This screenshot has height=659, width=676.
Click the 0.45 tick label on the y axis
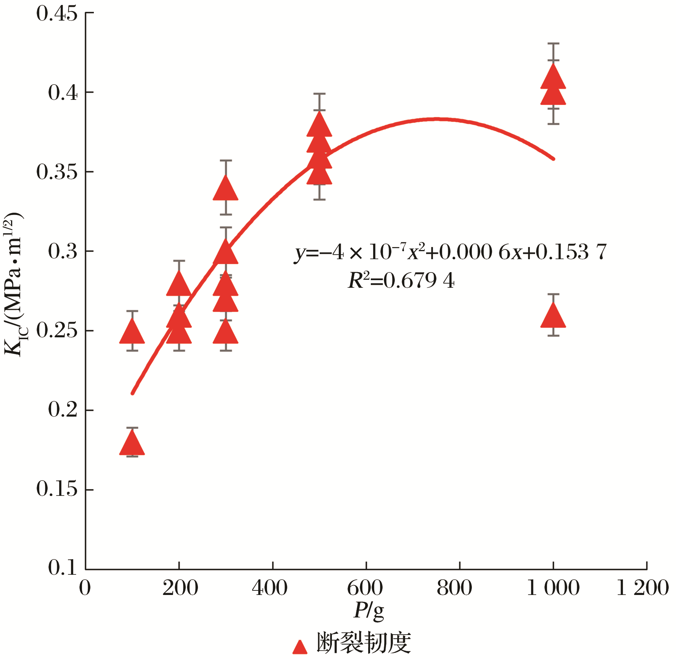[57, 14]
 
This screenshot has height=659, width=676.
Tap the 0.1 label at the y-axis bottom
[63, 568]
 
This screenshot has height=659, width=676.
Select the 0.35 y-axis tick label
[57, 172]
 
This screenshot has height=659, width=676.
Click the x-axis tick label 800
[454, 588]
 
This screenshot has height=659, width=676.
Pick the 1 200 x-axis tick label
[643, 588]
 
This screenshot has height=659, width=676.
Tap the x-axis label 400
[270, 588]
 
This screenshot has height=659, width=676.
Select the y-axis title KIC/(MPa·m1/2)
[14, 284]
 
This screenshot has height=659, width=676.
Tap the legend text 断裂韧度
[364, 643]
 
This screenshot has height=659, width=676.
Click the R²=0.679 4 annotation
[401, 281]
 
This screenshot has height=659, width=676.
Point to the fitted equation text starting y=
[450, 252]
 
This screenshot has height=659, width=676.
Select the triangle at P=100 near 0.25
[132, 332]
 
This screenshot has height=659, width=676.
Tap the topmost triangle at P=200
[179, 285]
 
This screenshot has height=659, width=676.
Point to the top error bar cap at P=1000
[553, 44]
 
